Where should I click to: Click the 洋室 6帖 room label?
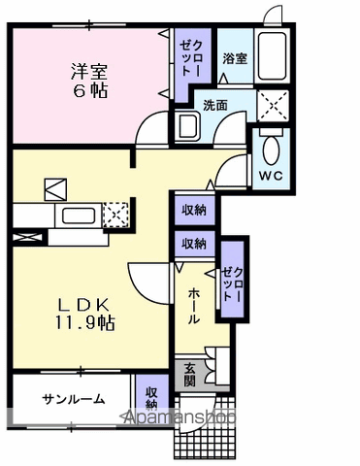tap(89, 81)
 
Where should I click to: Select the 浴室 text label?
tap(235, 58)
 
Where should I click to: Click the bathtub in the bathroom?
tap(272, 56)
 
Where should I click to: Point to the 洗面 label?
tap(215, 105)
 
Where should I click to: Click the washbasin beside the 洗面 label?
tap(187, 126)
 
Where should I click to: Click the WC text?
tap(271, 176)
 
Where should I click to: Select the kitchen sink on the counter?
tap(79, 216)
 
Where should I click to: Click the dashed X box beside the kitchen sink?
tap(115, 215)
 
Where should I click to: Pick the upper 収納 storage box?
tap(194, 210)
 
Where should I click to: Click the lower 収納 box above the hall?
tap(194, 244)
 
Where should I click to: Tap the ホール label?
tap(193, 306)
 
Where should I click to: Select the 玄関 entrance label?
tap(190, 375)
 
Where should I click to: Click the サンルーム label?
tap(74, 399)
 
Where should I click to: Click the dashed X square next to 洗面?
tap(273, 106)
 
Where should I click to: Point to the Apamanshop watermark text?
tap(179, 417)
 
